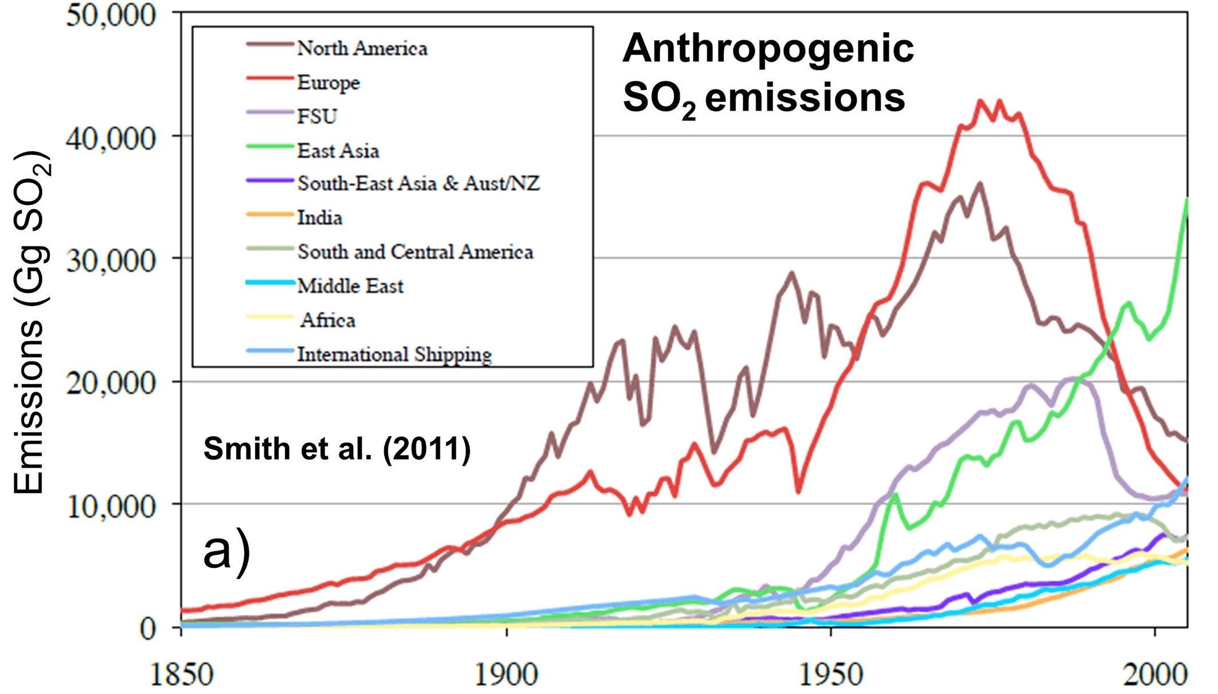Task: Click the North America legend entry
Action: (362, 48)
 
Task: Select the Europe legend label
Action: (328, 83)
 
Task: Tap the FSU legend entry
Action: (317, 116)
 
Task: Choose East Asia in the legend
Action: (338, 151)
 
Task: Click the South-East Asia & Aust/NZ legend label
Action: (418, 183)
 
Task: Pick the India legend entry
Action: (319, 218)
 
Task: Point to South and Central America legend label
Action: (415, 252)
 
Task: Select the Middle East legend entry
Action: (350, 286)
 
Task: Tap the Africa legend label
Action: (327, 320)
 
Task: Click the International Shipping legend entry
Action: (394, 355)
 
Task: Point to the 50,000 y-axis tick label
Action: (111, 15)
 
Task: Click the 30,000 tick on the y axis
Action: (111, 261)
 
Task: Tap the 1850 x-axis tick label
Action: (181, 675)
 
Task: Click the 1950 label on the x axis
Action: (831, 675)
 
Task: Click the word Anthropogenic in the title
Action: (768, 49)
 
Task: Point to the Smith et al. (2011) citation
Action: (337, 449)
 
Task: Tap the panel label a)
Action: (227, 551)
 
